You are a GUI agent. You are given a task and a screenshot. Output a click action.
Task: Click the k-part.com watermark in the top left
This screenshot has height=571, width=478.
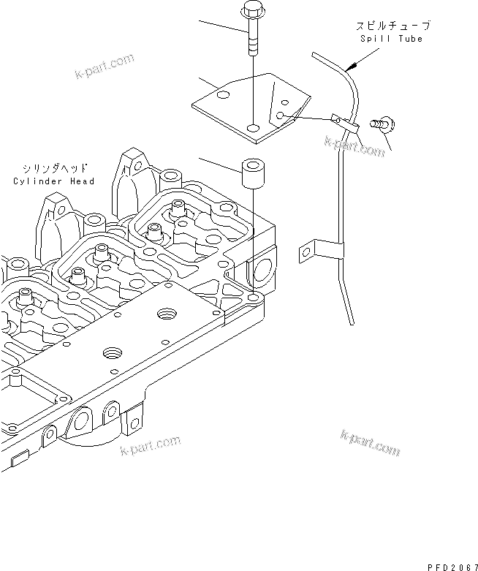click(x=104, y=66)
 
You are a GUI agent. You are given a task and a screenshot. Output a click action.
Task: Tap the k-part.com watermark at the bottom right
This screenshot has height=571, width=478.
click(x=370, y=442)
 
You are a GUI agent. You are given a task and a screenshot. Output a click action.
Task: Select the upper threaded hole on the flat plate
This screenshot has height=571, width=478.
click(x=167, y=314)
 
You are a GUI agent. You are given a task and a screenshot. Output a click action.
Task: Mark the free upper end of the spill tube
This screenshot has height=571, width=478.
click(x=314, y=53)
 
